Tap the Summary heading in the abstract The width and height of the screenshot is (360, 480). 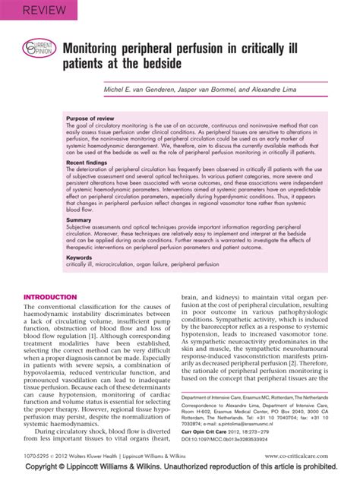point(81,219)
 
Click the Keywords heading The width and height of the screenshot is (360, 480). point(81,257)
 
